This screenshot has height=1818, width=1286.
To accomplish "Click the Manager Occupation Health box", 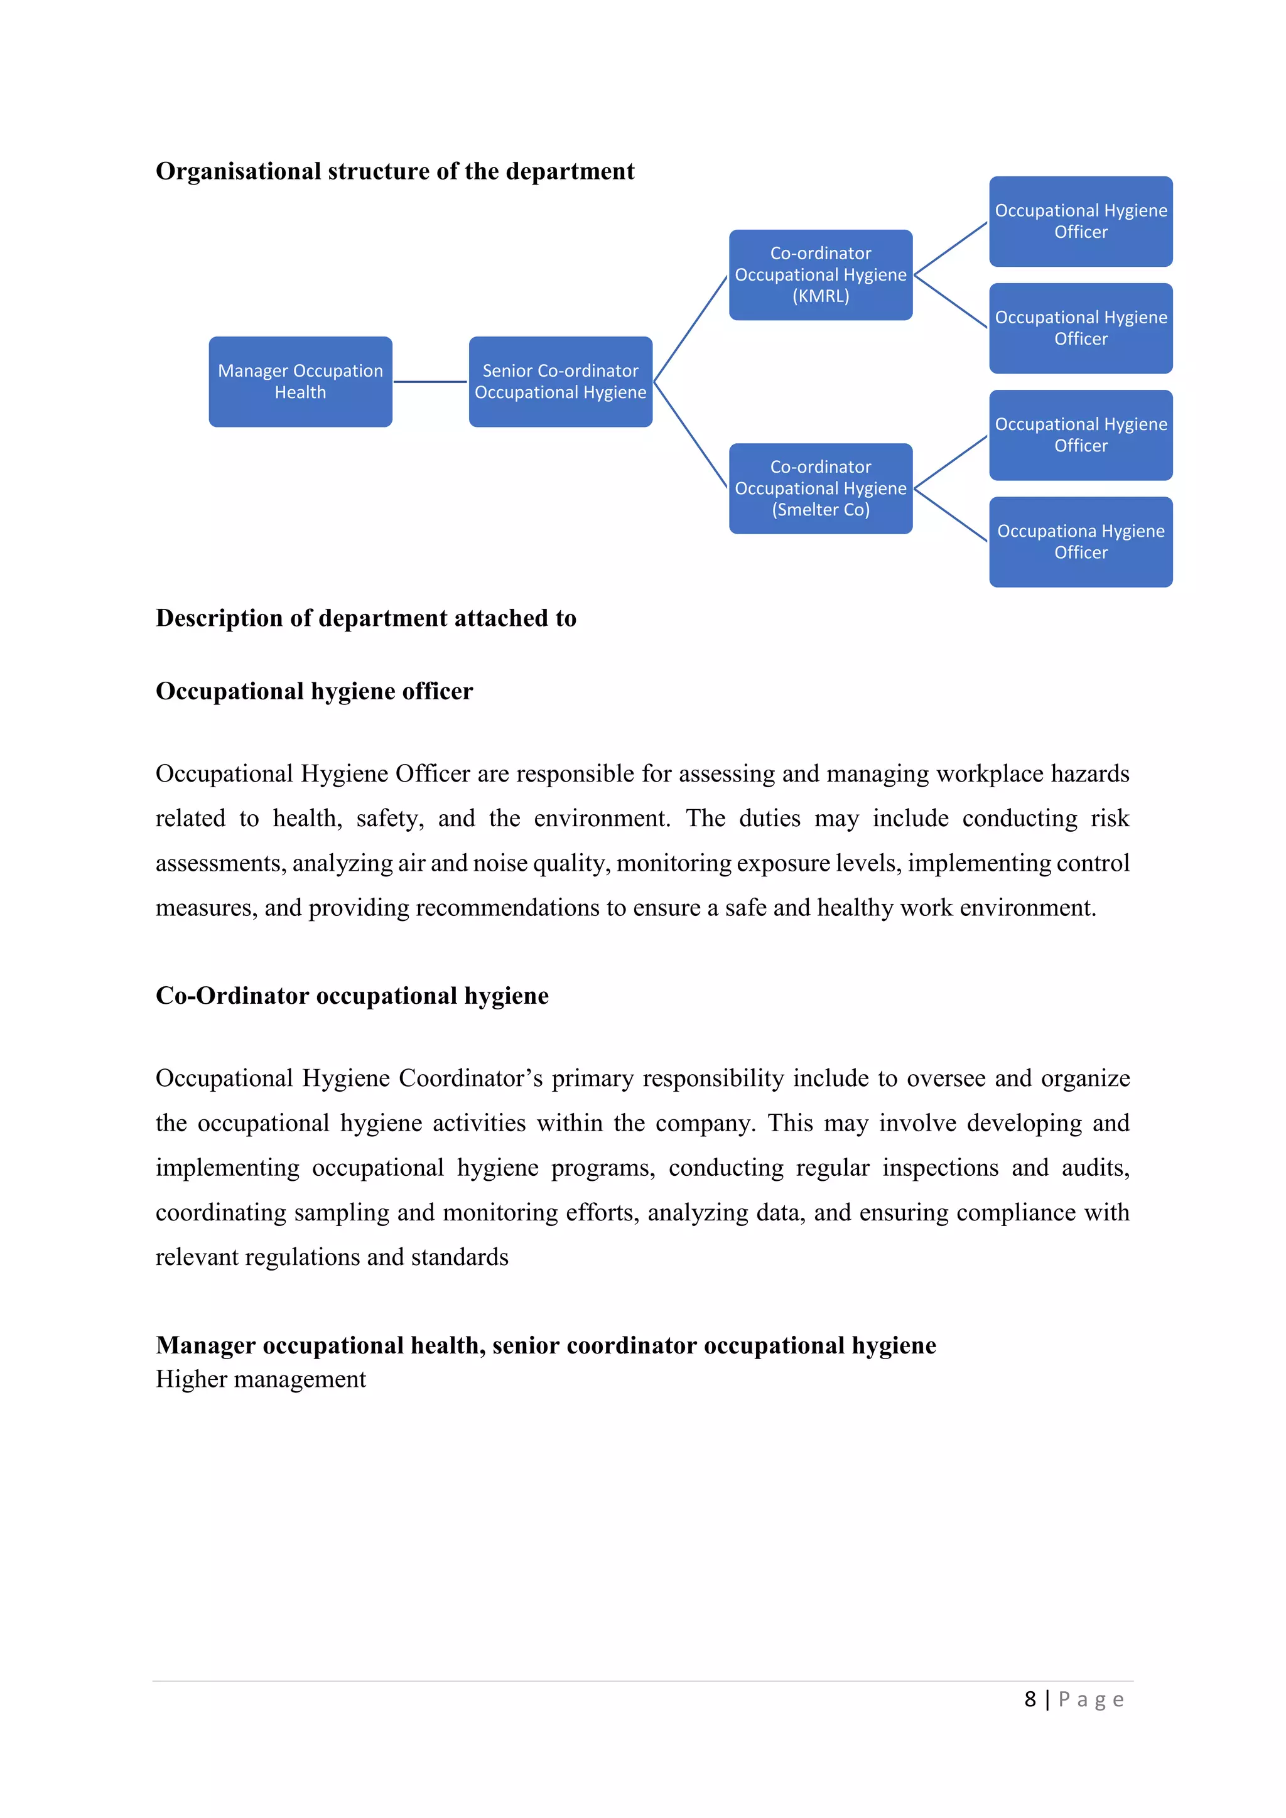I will coord(300,382).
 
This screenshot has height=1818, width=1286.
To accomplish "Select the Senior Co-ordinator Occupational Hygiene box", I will coord(560,382).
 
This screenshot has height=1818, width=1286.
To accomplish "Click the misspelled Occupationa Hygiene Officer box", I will coord(1080,542).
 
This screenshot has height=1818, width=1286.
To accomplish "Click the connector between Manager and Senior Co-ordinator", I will coord(430,382).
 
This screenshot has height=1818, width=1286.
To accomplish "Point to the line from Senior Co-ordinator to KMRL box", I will coord(691,328).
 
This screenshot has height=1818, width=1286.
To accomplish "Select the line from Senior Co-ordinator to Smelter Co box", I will coord(691,434).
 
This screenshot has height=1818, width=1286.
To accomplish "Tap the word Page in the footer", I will coord(1091,1699).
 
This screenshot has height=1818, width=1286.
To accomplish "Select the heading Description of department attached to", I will coord(366,618).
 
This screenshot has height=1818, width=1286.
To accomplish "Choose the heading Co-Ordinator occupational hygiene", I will coord(352,995).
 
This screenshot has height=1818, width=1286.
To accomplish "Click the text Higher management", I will coord(261,1379).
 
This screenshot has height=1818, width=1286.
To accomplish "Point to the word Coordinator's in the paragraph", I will coord(470,1078).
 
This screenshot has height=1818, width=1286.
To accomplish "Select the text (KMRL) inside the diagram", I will coord(820,296).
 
